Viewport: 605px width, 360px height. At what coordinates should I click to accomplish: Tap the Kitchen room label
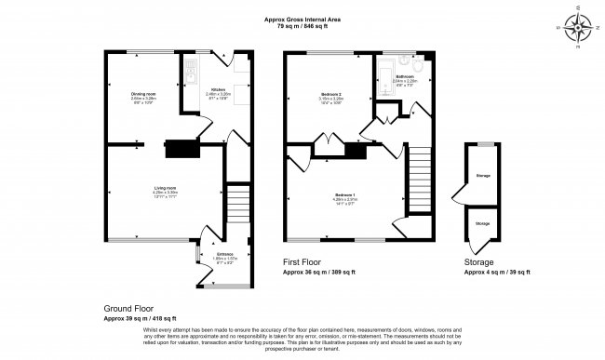coord(217,90)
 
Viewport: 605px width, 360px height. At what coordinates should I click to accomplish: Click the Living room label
coord(166,190)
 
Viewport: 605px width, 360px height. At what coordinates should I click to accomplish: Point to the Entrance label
coord(225,253)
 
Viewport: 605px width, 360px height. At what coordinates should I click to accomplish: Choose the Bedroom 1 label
coord(347,193)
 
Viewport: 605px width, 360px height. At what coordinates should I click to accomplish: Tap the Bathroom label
coord(405,76)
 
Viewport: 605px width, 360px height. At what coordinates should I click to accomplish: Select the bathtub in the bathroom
coord(383,84)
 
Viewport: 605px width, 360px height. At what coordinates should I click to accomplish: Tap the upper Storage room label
coord(483,174)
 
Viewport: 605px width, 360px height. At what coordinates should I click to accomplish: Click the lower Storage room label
coord(483,223)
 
